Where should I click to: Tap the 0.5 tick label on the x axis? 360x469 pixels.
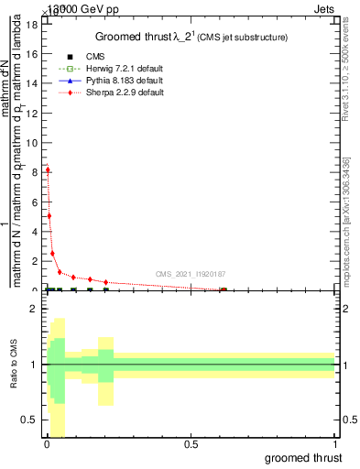(191, 444)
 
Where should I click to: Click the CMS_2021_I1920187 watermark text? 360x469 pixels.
(191, 274)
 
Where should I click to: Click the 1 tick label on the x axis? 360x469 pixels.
(335, 444)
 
